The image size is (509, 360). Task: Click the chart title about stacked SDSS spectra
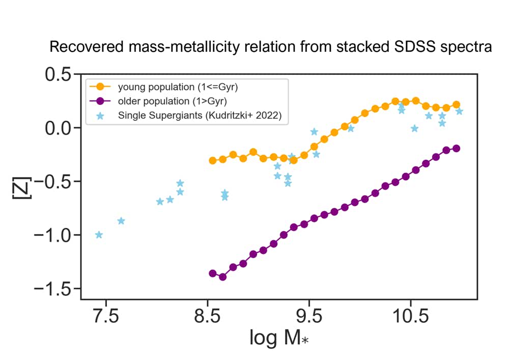(270, 48)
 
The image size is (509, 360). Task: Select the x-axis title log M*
(279, 337)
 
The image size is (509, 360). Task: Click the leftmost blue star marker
(99, 235)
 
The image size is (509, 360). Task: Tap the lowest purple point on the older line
(222, 277)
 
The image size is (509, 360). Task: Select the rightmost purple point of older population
(456, 148)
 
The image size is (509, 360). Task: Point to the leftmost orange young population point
(213, 160)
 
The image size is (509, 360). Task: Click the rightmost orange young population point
(456, 104)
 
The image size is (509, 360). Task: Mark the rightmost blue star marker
(459, 111)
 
